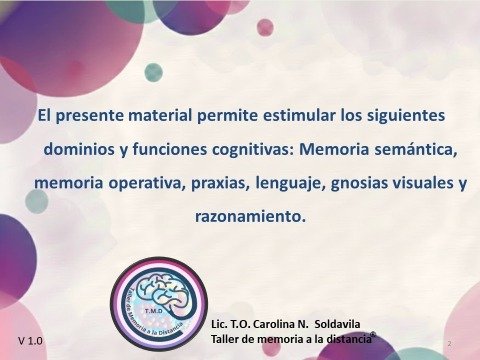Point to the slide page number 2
[x=451, y=343]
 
